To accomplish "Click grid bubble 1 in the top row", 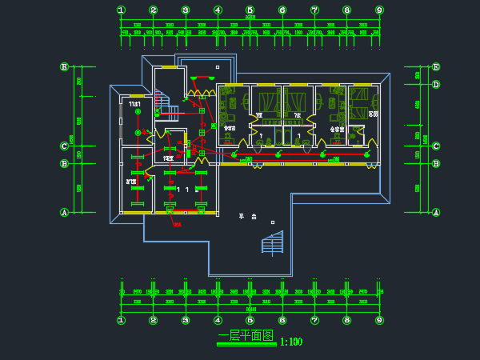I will [x=121, y=10].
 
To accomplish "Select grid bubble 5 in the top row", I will [x=250, y=10].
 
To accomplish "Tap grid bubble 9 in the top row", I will [x=379, y=10].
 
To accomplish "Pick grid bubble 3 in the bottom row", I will [x=186, y=320].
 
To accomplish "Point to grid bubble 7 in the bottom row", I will [x=314, y=320].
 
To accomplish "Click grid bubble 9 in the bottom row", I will [x=379, y=320].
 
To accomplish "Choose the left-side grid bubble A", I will [x=64, y=212].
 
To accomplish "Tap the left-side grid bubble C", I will [x=64, y=146].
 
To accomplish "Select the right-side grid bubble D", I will [x=436, y=84].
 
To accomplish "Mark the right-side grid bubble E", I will [x=436, y=67].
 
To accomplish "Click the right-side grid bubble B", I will [x=436, y=164].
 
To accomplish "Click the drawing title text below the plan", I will [x=246, y=336].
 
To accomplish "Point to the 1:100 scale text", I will [x=291, y=342].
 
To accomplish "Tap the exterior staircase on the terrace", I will [x=273, y=242].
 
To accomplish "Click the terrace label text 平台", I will [x=247, y=217].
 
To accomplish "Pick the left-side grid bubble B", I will [x=64, y=164].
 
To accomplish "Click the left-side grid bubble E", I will [x=64, y=67].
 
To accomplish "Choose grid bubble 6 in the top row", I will [x=282, y=10].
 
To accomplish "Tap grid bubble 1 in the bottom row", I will [x=121, y=320].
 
